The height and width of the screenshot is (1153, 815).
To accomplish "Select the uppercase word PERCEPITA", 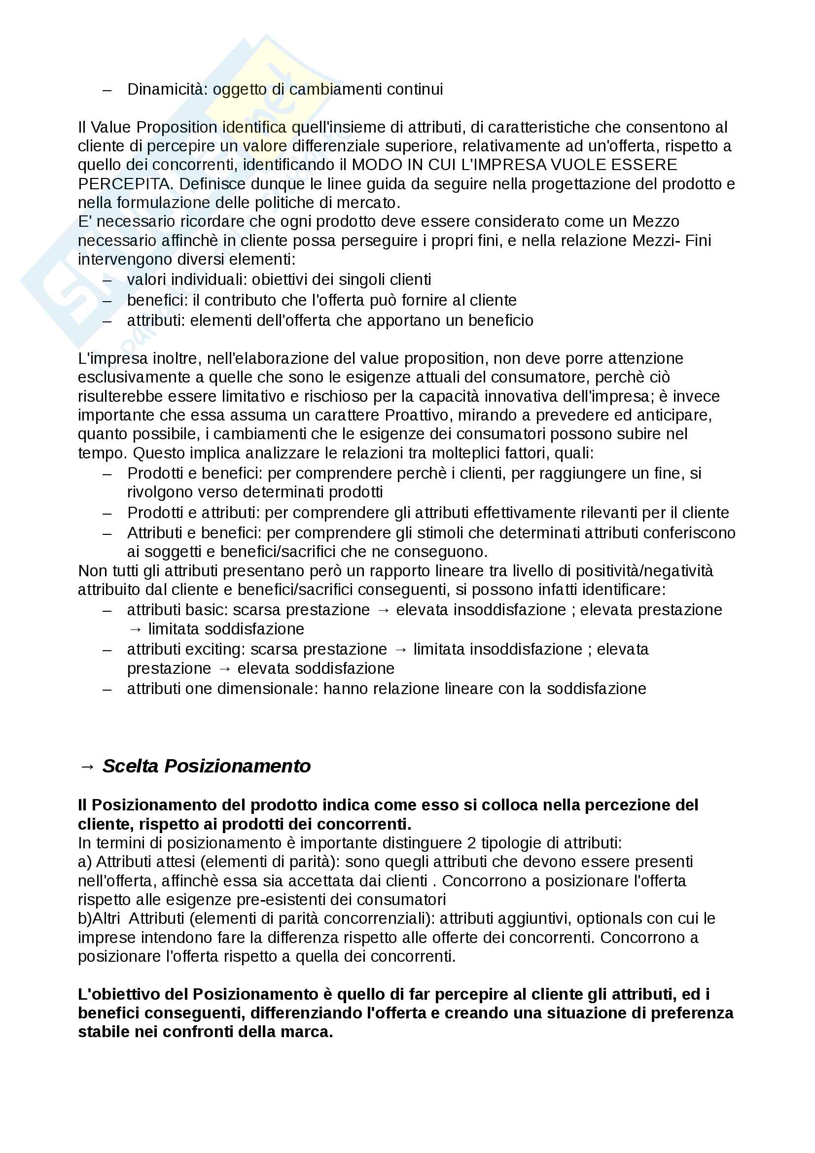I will click(x=124, y=184).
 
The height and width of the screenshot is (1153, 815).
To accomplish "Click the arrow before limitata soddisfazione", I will click(x=135, y=629).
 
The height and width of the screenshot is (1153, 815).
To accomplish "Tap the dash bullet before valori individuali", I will click(x=106, y=280).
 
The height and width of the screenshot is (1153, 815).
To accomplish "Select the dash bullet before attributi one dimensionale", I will click(x=106, y=689).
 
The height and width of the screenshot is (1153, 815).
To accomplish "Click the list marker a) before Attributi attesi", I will click(x=85, y=862).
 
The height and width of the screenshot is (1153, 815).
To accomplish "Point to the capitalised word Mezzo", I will click(x=656, y=221).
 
